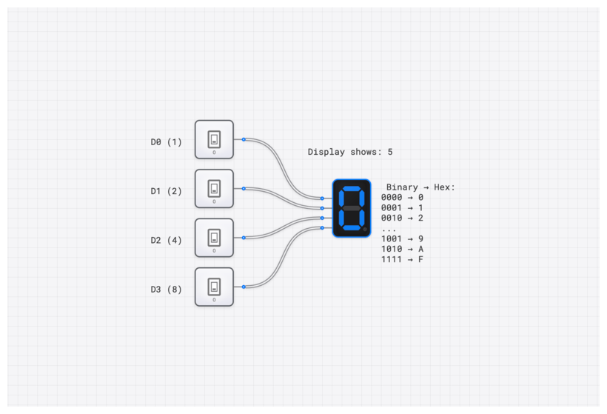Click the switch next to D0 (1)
pyautogui.click(x=214, y=139)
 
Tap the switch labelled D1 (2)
pyautogui.click(x=214, y=188)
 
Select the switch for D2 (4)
pyautogui.click(x=214, y=237)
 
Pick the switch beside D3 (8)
pyautogui.click(x=214, y=286)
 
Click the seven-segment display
pyautogui.click(x=352, y=208)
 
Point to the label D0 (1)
pyautogui.click(x=166, y=141)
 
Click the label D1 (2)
pyautogui.click(x=166, y=191)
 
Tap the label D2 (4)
pyautogui.click(x=166, y=240)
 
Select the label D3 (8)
pyautogui.click(x=166, y=290)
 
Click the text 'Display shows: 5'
pyautogui.click(x=350, y=152)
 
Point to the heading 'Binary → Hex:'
pyautogui.click(x=420, y=187)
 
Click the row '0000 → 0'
pyautogui.click(x=402, y=198)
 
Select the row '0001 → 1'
pyautogui.click(x=402, y=208)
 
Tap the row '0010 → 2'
pyautogui.click(x=402, y=218)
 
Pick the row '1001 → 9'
pyautogui.click(x=402, y=239)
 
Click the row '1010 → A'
pyautogui.click(x=402, y=250)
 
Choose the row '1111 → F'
pyautogui.click(x=402, y=260)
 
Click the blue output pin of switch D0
pyautogui.click(x=244, y=139)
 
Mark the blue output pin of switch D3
pyautogui.click(x=244, y=287)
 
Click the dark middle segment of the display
pyautogui.click(x=351, y=208)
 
